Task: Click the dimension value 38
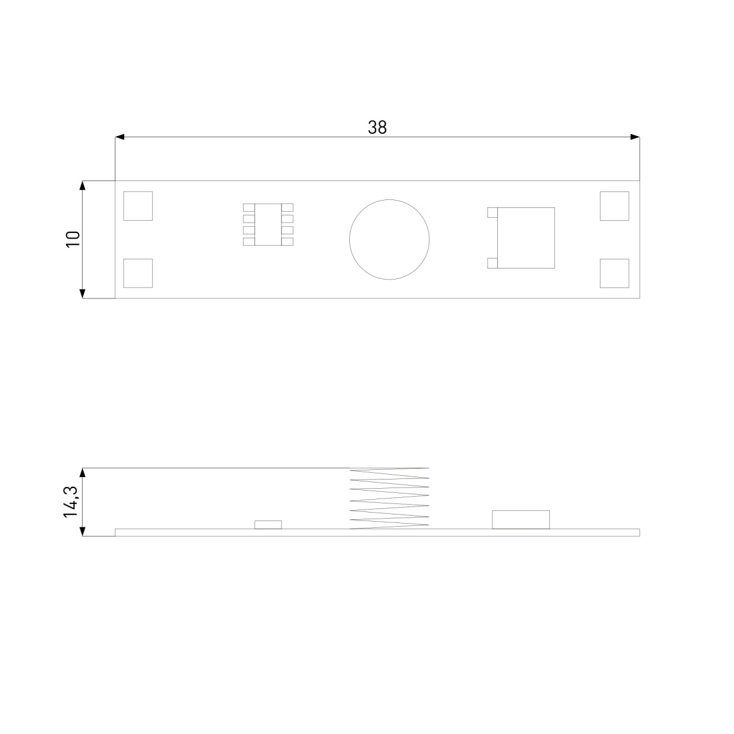(x=377, y=127)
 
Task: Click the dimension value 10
(x=73, y=239)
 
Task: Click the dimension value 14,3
(x=71, y=502)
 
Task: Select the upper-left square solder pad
(x=138, y=206)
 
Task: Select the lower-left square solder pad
(x=138, y=273)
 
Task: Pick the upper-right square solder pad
(x=614, y=206)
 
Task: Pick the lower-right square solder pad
(x=614, y=273)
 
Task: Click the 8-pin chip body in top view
(x=268, y=224)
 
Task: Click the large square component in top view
(x=526, y=238)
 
